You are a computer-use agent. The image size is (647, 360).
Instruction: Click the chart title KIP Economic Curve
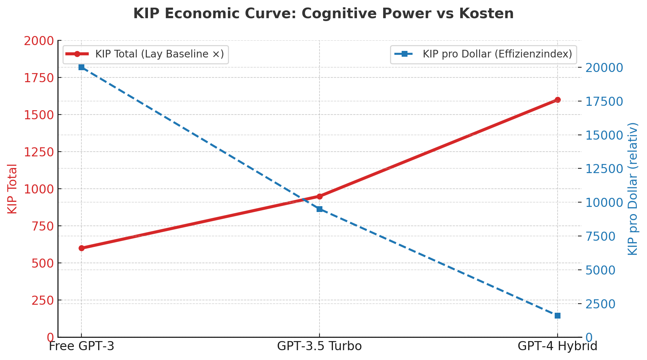(323, 14)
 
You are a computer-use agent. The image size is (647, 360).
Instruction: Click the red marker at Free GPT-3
(81, 248)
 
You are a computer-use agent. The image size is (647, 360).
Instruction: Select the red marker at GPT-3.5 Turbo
(320, 196)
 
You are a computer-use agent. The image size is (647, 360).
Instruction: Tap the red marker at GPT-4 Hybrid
(558, 100)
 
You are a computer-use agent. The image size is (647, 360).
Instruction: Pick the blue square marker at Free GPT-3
(81, 67)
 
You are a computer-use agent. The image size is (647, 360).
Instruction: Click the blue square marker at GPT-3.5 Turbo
(320, 209)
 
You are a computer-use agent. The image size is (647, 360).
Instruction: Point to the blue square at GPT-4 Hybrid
(558, 316)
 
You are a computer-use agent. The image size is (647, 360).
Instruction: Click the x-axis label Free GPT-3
(81, 346)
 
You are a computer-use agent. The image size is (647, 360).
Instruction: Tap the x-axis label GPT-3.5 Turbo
(320, 346)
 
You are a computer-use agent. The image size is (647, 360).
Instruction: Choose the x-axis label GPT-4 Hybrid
(558, 346)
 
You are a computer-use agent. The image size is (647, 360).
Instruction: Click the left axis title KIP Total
(12, 189)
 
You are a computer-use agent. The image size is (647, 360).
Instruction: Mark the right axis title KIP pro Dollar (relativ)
(633, 189)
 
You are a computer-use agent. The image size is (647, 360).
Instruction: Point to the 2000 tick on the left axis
(39, 41)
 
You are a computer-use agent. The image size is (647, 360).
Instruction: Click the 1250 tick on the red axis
(39, 152)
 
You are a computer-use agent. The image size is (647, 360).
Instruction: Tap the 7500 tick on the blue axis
(600, 236)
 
